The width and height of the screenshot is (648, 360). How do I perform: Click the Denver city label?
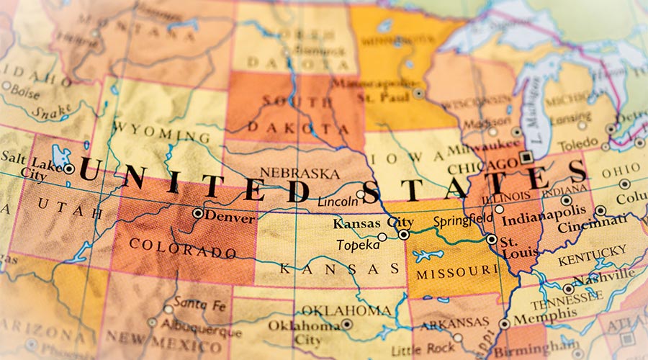click(x=230, y=217)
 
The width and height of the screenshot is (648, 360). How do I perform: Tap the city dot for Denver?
click(x=197, y=213)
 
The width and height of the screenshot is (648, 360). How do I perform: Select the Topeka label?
click(x=358, y=245)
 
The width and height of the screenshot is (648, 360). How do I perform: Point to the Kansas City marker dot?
click(x=404, y=235)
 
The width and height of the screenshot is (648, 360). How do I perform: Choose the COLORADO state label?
click(x=182, y=248)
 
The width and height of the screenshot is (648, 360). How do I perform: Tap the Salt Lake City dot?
click(x=68, y=169)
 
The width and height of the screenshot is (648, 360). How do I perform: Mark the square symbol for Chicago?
click(x=526, y=156)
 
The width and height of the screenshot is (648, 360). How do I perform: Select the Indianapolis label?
click(x=541, y=219)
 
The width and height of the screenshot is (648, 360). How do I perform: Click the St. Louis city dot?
click(x=492, y=239)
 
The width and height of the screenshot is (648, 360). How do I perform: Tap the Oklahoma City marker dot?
click(x=346, y=324)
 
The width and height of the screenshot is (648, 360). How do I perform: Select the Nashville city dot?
click(x=568, y=289)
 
